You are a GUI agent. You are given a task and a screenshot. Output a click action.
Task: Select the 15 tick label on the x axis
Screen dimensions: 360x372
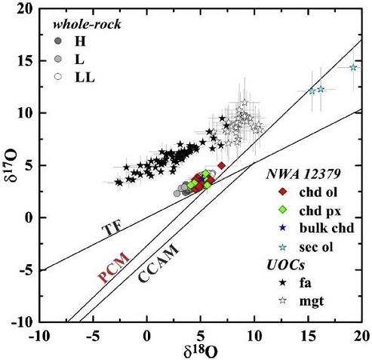tap(307, 334)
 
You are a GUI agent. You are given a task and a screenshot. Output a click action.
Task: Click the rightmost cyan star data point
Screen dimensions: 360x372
tap(353, 68)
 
